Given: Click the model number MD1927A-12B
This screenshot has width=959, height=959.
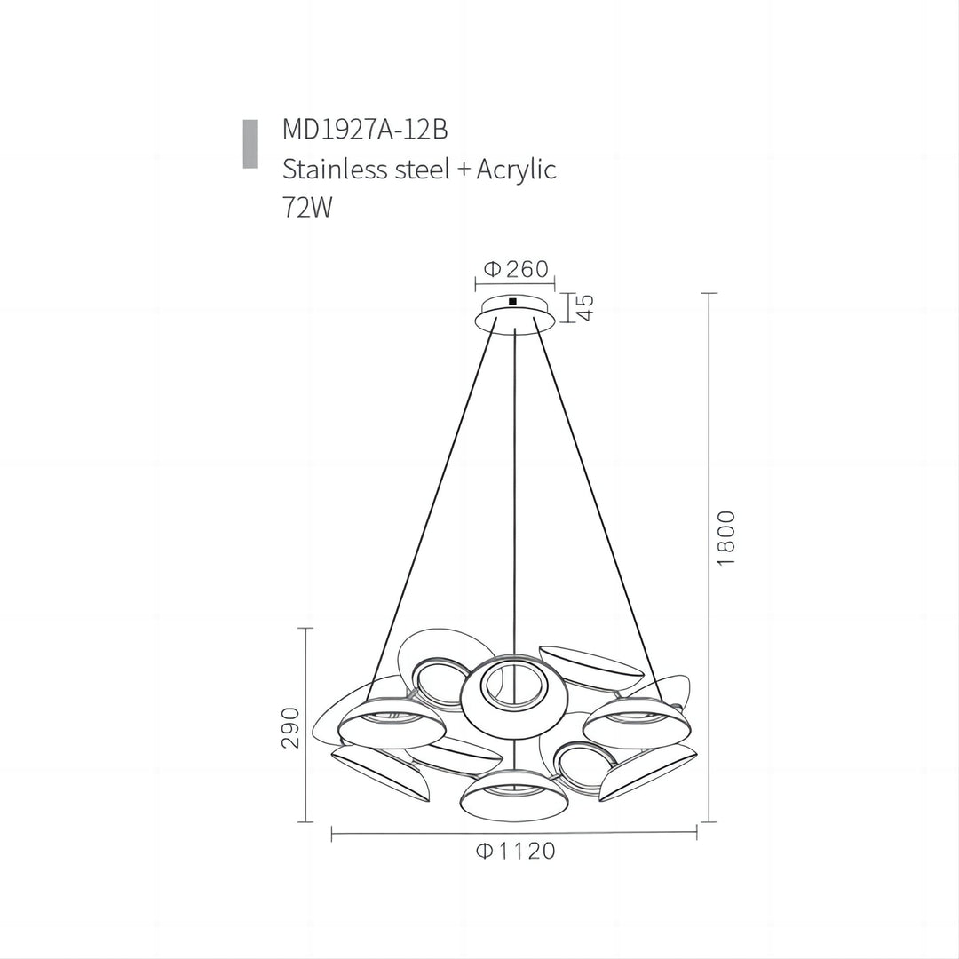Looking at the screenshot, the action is pos(365,130).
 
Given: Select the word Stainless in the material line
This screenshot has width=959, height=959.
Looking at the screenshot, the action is pos(335,169).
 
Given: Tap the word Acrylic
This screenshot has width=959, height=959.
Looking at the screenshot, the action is pos(516,170).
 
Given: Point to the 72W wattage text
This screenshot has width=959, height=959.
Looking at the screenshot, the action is pos(307,207).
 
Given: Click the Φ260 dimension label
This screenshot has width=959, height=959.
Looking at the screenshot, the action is pos(516,269).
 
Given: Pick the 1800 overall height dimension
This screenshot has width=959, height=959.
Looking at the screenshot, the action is pos(725,537).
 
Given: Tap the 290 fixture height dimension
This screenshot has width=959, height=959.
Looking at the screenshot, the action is pos(292,728).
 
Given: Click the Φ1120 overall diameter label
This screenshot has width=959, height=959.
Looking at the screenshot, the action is pos(516,851).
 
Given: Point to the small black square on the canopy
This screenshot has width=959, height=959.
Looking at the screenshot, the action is pos(512,301).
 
